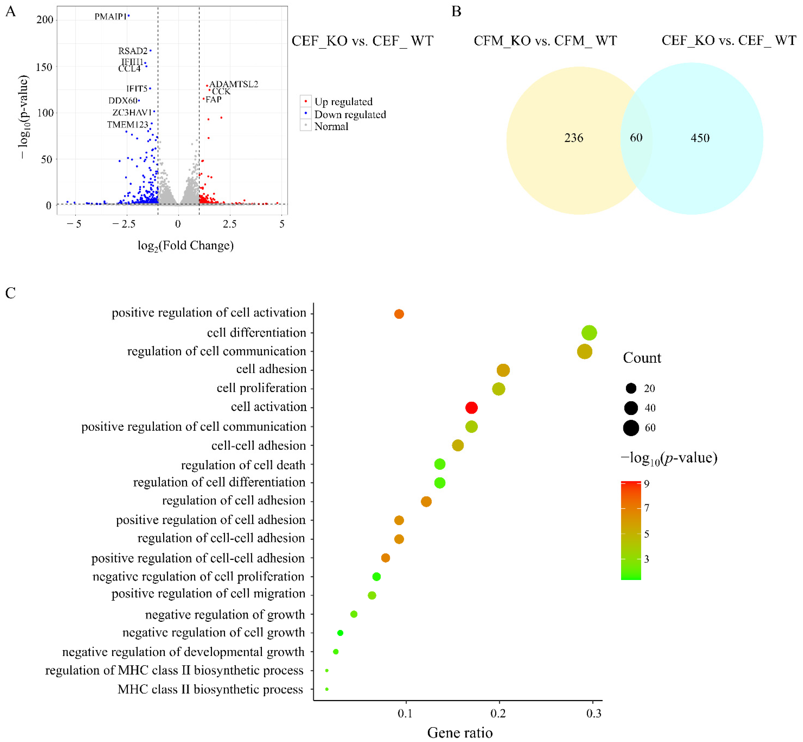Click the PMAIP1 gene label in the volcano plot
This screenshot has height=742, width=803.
coord(110,17)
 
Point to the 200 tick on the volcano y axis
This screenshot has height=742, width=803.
coord(45,20)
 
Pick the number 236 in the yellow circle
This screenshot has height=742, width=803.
coord(573,138)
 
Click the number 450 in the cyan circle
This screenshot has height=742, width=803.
coord(700,138)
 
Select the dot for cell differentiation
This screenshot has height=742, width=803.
coord(589,333)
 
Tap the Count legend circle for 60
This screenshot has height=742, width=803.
coord(631,428)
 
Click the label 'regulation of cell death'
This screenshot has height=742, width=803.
coord(243,465)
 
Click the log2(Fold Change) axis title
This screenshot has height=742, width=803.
coord(185,245)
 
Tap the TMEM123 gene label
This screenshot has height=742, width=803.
coord(127,125)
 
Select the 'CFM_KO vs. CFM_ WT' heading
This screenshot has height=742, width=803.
coord(545,41)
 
